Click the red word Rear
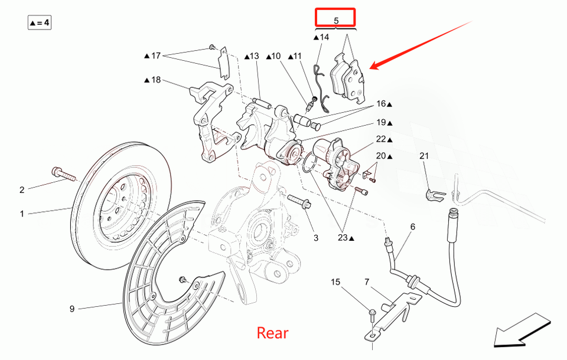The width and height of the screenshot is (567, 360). click(x=272, y=333)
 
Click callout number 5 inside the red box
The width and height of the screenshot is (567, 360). click(x=335, y=20)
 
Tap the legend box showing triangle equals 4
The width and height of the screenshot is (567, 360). click(x=39, y=23)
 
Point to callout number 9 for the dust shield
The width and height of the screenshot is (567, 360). click(x=72, y=309)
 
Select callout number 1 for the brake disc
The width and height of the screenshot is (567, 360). click(x=22, y=214)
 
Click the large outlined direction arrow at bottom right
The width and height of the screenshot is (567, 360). click(x=522, y=331)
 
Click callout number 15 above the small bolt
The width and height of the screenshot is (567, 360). click(x=335, y=282)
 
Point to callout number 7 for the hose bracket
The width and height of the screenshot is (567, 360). click(x=366, y=282)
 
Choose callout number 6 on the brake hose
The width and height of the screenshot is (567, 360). click(x=412, y=227)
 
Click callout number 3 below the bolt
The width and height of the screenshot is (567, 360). click(x=316, y=238)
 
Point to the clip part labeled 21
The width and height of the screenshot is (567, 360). click(x=432, y=195)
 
